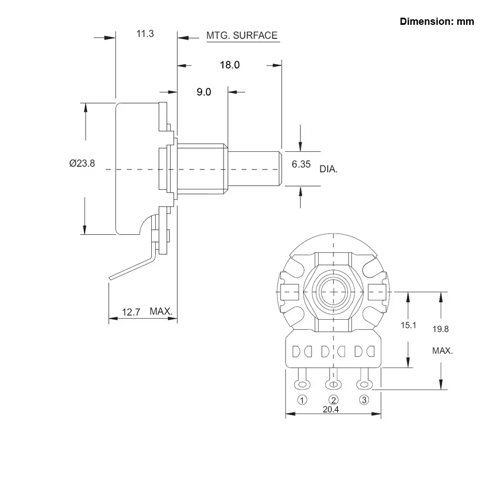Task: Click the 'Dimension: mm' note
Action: (x=437, y=22)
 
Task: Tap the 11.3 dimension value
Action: (x=145, y=34)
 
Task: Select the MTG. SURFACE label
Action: (x=242, y=36)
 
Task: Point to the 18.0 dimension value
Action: (x=230, y=65)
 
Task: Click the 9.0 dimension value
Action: (x=204, y=92)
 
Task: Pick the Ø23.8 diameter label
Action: (x=82, y=163)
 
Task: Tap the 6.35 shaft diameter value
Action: (x=301, y=165)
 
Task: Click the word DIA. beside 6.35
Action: (x=329, y=169)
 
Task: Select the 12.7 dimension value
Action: (x=131, y=313)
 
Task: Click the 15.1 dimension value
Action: (x=408, y=325)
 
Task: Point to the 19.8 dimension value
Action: (x=441, y=329)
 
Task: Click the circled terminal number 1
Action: (x=302, y=400)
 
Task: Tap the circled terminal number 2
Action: (x=333, y=400)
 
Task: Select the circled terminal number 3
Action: (x=363, y=400)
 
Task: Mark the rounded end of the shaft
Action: (x=280, y=168)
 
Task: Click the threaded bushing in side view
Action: (x=202, y=168)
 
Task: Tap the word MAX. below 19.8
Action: (x=442, y=351)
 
